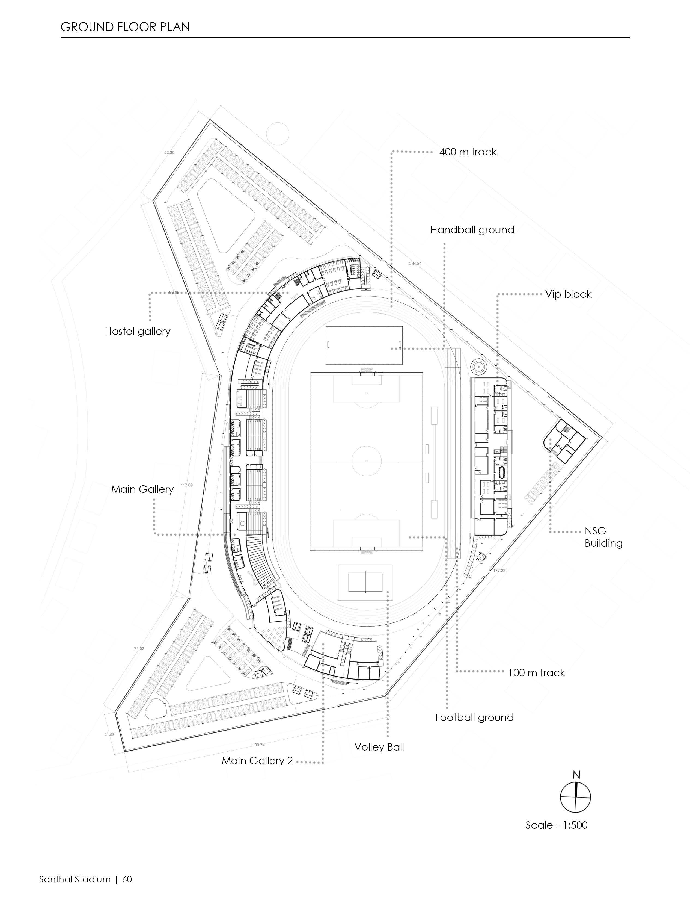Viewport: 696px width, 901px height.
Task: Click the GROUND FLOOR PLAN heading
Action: [x=125, y=27]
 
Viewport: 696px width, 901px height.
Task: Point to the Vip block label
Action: [x=568, y=294]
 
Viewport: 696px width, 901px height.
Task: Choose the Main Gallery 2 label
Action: [x=257, y=761]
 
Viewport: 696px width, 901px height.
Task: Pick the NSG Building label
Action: [x=603, y=537]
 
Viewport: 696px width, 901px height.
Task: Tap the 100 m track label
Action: [x=536, y=673]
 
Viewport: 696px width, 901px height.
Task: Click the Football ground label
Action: [x=474, y=717]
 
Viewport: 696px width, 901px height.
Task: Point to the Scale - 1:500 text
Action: [x=556, y=825]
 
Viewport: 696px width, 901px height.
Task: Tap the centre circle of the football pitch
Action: [x=366, y=461]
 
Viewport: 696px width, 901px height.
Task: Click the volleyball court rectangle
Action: [x=365, y=582]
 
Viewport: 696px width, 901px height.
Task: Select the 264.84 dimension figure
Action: [x=415, y=264]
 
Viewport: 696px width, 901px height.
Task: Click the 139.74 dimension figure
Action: [x=258, y=745]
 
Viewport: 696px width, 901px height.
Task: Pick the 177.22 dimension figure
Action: [x=499, y=571]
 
